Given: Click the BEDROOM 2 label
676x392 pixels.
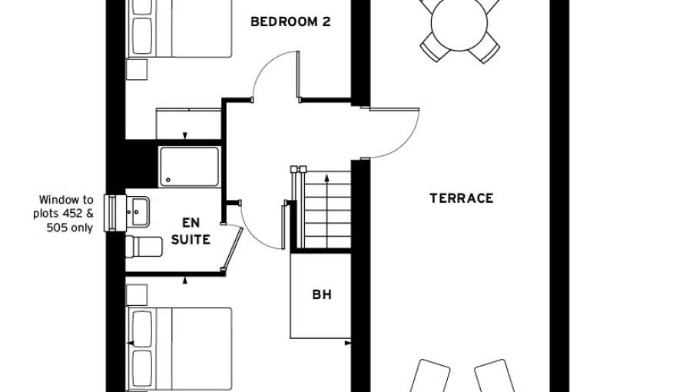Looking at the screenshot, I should click(x=290, y=22).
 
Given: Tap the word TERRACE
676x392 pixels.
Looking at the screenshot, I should click(x=461, y=198).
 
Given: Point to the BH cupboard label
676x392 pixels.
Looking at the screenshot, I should click(x=321, y=294).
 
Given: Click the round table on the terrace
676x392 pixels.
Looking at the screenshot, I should click(x=459, y=23).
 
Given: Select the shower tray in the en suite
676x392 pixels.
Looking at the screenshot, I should click(x=189, y=167).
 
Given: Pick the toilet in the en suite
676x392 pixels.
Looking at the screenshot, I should click(x=144, y=247).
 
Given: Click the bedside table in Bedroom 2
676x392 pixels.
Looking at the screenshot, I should click(x=136, y=70).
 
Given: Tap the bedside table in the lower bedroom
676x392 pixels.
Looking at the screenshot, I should click(x=136, y=294).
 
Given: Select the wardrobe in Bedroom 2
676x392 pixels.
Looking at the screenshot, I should click(x=188, y=124).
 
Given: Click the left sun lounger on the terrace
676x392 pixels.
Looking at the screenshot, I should click(x=429, y=377).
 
